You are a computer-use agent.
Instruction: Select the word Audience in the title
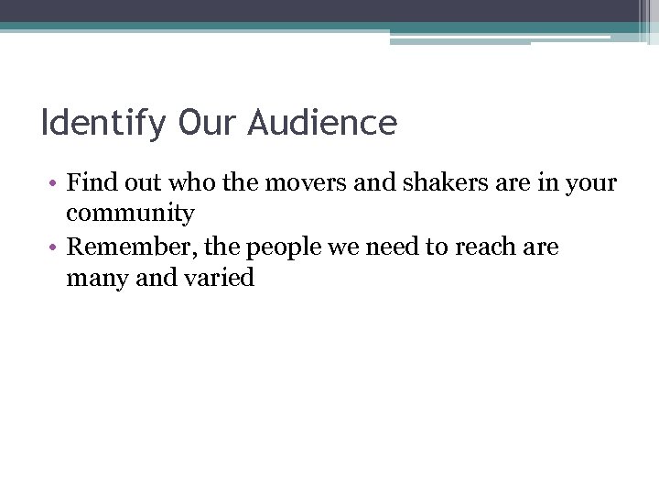pos(322,122)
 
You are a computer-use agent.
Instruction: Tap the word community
pos(130,214)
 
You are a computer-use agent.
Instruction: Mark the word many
pos(98,279)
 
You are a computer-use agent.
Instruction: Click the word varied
pos(220,278)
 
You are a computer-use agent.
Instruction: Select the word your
pos(591,183)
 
